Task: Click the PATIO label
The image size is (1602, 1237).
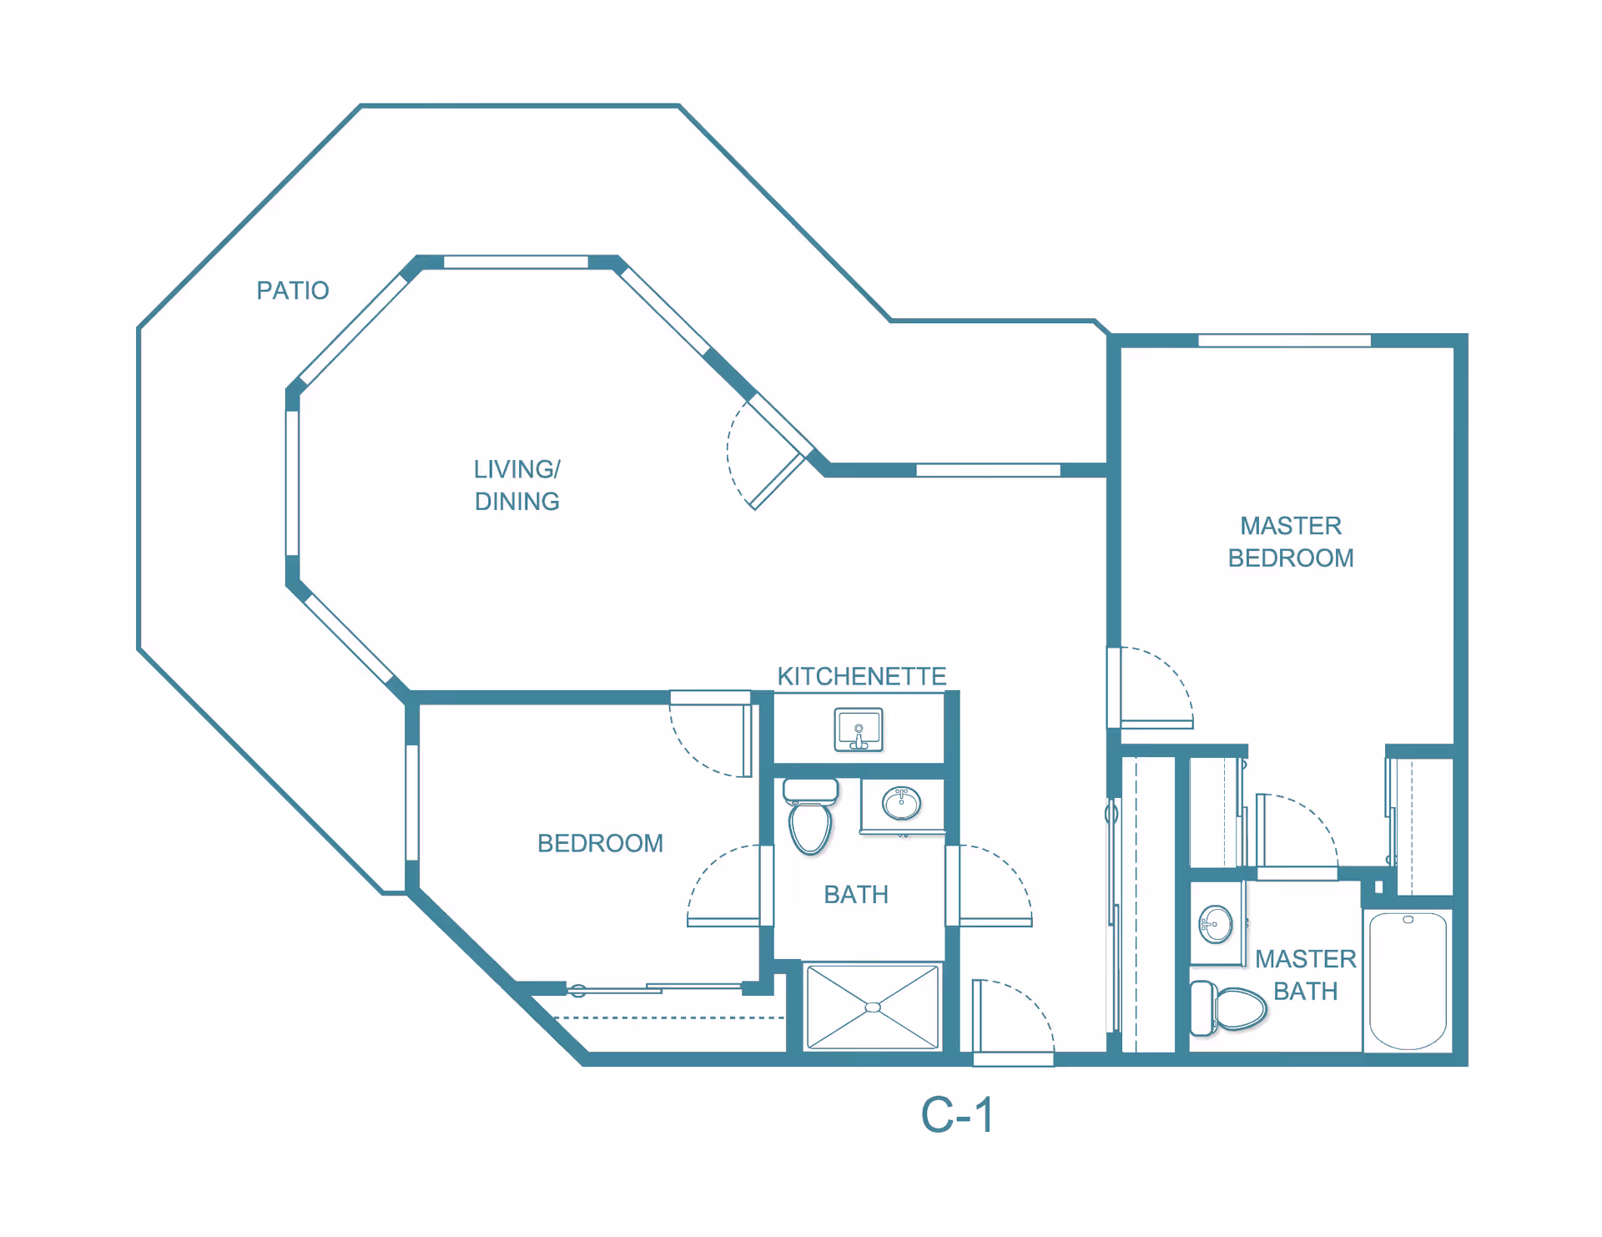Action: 292,290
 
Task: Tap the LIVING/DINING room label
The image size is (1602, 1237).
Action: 516,485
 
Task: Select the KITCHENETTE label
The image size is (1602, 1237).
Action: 861,676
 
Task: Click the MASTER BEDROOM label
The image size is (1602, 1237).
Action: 1290,542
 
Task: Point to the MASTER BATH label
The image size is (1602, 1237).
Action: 1305,975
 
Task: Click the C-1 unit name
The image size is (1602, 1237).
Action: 957,1115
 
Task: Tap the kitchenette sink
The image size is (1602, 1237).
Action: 859,730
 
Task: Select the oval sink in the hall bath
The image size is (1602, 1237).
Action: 901,804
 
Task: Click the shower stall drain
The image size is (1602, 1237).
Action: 873,1007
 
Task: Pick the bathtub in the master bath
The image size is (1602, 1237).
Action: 1408,981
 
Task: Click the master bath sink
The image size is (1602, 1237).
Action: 1216,924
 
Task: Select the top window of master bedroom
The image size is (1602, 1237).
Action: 1284,341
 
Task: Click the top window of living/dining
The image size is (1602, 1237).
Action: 516,262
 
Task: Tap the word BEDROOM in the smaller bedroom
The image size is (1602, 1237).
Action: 600,843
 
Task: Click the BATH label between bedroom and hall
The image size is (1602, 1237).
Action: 855,895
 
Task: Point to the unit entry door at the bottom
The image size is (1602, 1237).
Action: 1013,1022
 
